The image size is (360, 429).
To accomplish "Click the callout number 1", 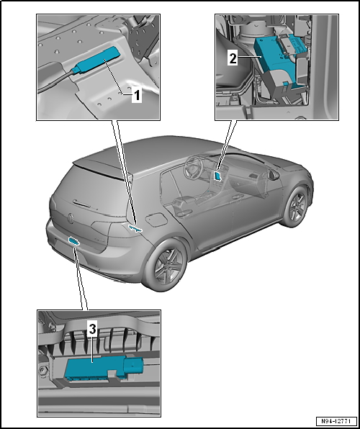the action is (137, 96).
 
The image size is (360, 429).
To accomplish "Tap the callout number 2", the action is (233, 58).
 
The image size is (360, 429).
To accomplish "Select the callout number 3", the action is (93, 329).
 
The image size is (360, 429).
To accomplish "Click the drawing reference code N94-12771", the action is (336, 420).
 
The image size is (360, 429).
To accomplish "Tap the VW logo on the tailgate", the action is (71, 218).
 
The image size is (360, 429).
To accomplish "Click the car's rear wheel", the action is (166, 265).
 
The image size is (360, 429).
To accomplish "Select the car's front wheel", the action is (296, 207).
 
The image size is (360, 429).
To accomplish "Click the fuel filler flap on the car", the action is (156, 219).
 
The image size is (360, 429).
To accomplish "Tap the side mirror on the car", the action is (273, 175).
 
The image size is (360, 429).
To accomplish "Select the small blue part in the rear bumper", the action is (73, 240).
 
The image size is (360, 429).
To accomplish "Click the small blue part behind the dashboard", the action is (217, 176).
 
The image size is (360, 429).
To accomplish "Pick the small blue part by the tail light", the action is (135, 228).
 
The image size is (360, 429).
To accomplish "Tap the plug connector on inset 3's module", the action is (133, 366).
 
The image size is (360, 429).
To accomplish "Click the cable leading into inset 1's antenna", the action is (55, 81).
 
